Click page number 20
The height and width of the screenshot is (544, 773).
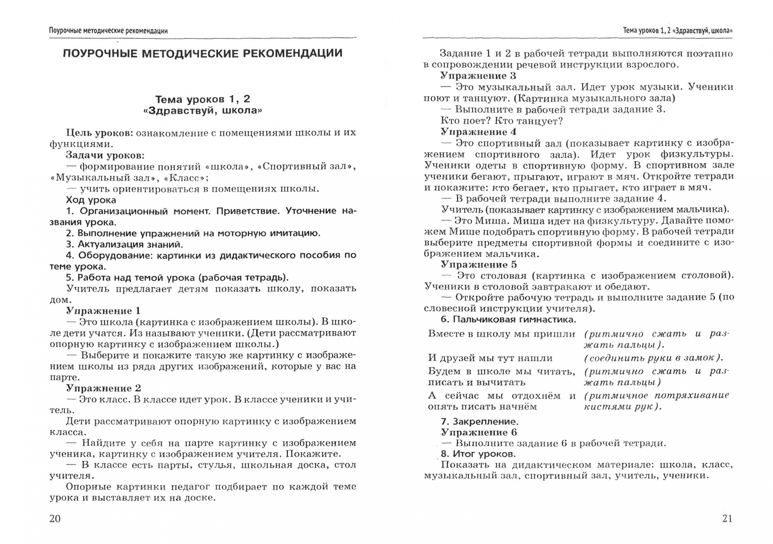click(x=55, y=518)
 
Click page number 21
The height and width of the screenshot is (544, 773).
click(x=727, y=518)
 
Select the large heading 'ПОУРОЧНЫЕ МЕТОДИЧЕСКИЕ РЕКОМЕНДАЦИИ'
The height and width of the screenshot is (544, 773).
click(x=202, y=53)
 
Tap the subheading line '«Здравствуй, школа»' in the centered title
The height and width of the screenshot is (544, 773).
click(x=203, y=110)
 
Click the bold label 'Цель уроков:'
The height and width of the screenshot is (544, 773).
click(x=99, y=133)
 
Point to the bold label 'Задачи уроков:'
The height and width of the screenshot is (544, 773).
click(x=105, y=155)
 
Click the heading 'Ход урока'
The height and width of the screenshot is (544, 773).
click(x=91, y=200)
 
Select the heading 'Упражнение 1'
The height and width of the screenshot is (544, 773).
click(x=103, y=311)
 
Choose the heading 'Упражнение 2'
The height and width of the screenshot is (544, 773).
click(x=103, y=388)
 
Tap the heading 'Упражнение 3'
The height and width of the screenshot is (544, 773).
click(x=478, y=76)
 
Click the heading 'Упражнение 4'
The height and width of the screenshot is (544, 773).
click(x=478, y=132)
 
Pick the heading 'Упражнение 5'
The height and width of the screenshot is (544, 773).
click(x=478, y=264)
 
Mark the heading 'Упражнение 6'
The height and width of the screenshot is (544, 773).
click(x=478, y=432)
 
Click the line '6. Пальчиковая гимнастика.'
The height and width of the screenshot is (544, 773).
click(x=508, y=319)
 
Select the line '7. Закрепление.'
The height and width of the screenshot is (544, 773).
click(x=479, y=422)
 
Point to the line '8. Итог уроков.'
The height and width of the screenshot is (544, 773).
click(x=478, y=454)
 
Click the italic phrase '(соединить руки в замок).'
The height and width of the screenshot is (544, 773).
click(x=654, y=358)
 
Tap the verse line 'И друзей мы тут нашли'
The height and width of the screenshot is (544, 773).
click(x=490, y=358)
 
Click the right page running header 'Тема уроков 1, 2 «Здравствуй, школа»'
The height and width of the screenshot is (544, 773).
click(x=678, y=31)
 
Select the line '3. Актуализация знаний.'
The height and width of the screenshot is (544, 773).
click(x=124, y=244)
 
